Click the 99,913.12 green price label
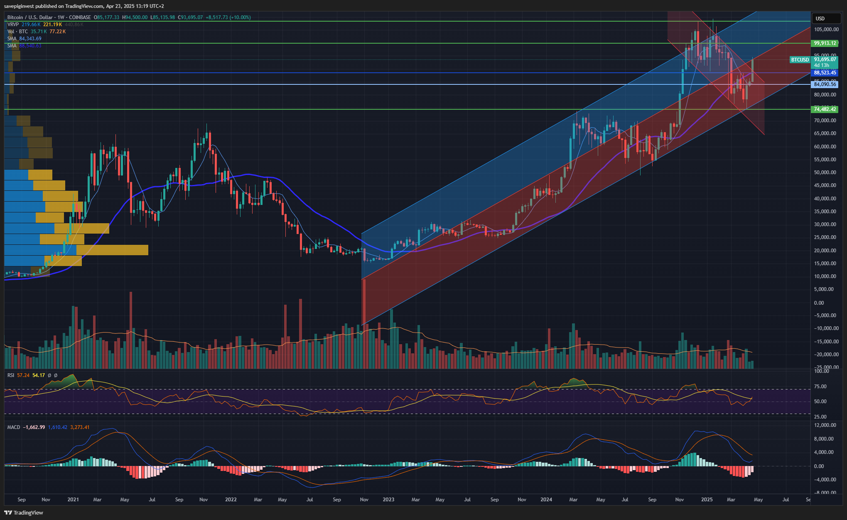click(x=825, y=43)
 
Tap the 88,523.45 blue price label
click(x=825, y=73)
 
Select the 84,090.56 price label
click(x=825, y=84)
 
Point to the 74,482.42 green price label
click(x=825, y=109)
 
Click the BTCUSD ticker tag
click(x=800, y=60)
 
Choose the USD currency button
click(x=820, y=18)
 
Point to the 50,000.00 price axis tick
click(x=825, y=173)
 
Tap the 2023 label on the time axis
click(x=388, y=500)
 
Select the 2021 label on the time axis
click(x=73, y=500)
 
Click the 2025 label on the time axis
click(x=707, y=500)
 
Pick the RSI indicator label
click(x=11, y=375)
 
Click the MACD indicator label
click(x=14, y=427)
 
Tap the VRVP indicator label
click(x=13, y=25)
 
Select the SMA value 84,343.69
click(x=30, y=39)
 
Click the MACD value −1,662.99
click(x=34, y=427)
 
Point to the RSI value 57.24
click(x=23, y=375)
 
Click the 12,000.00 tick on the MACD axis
click(x=825, y=425)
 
